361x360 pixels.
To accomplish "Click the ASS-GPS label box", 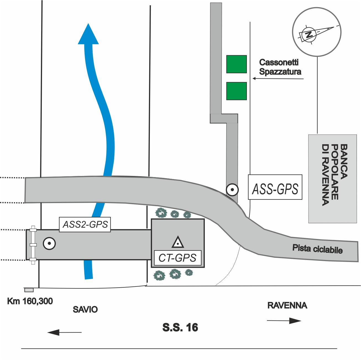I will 275,187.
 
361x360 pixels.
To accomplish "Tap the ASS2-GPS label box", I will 85,224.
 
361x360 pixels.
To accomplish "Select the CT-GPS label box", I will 177,258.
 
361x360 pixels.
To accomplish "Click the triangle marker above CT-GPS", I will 178,242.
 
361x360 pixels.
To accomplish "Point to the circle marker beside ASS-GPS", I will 232,190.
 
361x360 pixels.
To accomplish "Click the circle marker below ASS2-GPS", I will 49,244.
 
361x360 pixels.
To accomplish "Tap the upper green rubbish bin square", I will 237,64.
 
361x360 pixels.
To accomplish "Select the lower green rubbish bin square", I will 237,91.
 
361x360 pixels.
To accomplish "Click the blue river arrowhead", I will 88,34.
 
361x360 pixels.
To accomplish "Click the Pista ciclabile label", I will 318,249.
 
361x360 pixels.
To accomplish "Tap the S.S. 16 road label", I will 180,327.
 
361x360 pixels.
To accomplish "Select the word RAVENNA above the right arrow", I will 287,306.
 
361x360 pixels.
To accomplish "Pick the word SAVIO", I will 85,309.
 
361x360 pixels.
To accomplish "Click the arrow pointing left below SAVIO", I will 64,332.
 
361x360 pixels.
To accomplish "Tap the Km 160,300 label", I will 30,301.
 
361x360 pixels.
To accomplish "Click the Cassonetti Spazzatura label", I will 280,67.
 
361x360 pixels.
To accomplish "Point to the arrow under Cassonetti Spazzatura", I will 278,79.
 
